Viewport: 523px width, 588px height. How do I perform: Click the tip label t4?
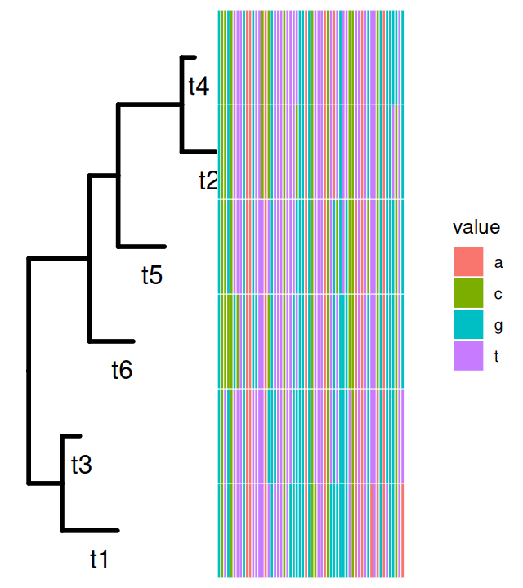pos(199,86)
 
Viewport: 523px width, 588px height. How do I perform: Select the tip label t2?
pos(208,180)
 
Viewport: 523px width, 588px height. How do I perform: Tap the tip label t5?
pos(152,275)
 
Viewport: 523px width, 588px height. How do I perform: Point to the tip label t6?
pos(122,370)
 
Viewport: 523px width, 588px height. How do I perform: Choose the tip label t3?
pos(81,465)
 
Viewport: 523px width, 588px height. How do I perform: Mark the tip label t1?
pos(99,559)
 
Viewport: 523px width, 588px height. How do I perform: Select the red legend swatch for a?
pos(468,262)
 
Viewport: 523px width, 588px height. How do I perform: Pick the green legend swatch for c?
pos(468,293)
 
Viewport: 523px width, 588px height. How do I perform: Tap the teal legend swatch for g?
pos(468,324)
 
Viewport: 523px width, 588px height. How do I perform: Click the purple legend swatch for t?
pos(468,355)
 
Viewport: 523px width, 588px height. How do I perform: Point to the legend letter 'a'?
pos(498,262)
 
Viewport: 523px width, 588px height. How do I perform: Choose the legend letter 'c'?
pos(498,293)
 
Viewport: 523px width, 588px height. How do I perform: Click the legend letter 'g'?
pos(498,325)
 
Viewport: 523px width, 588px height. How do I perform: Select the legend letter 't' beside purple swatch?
pos(498,355)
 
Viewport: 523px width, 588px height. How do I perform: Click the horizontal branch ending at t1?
pos(90,530)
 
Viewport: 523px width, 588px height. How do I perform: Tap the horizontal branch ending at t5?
pos(142,246)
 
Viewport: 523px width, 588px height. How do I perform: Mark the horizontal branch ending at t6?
pos(111,341)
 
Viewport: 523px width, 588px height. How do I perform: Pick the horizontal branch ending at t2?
pos(199,151)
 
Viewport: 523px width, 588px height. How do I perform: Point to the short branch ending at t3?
pos(72,436)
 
